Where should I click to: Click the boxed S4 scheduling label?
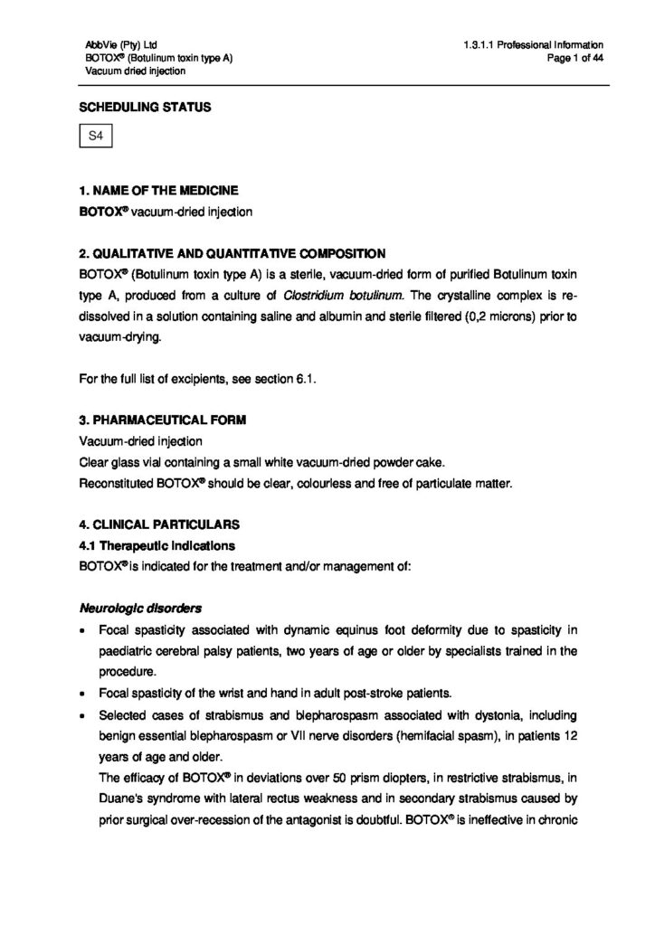(x=95, y=137)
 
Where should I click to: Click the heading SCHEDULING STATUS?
(x=145, y=108)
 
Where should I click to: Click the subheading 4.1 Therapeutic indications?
(x=157, y=546)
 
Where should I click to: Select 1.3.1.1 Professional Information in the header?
(x=532, y=44)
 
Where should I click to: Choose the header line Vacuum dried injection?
(x=136, y=71)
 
